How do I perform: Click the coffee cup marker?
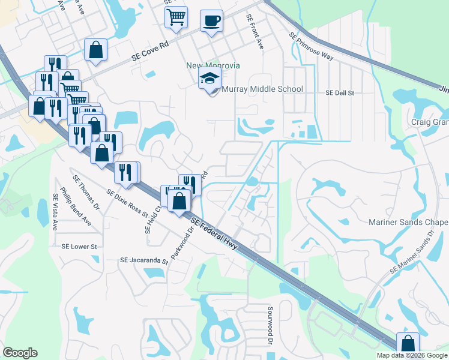[211, 21]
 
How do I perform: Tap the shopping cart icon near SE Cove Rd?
[176, 17]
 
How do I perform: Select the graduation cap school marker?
[209, 79]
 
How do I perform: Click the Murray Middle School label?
[262, 89]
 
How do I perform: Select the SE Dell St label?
[340, 93]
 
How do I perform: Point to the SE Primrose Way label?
[310, 46]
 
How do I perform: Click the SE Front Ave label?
[254, 32]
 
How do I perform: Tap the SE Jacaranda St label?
[144, 260]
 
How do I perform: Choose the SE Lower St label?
[79, 246]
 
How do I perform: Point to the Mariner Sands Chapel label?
[408, 222]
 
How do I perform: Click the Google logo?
[20, 353]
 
